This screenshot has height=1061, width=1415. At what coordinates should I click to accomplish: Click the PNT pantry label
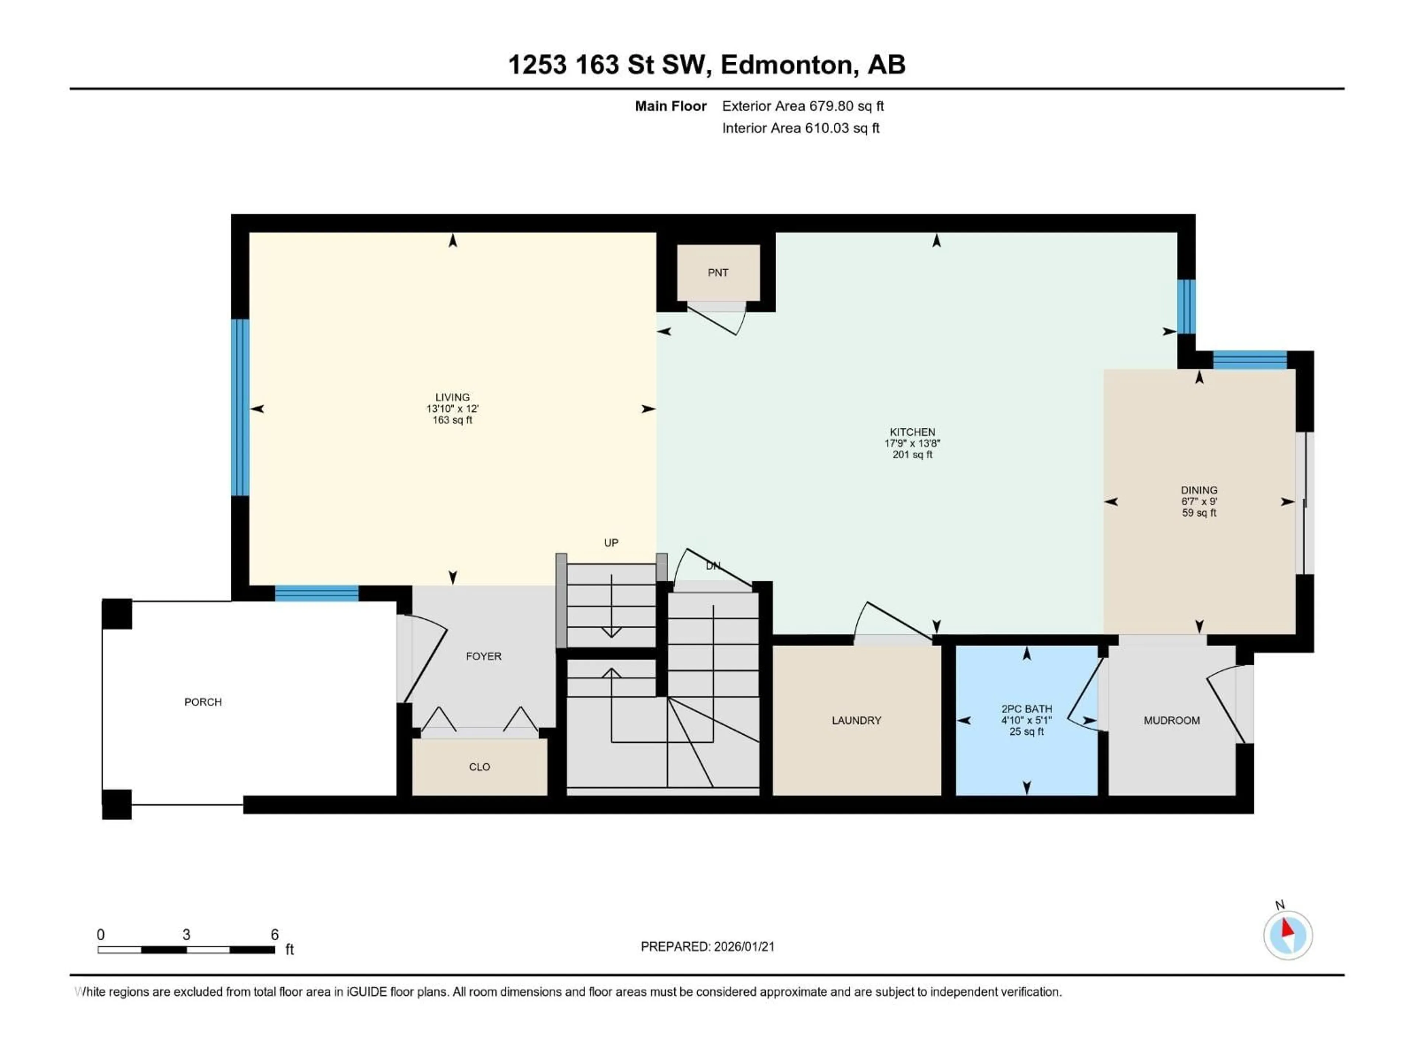tap(718, 273)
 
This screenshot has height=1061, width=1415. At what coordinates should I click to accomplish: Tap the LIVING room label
tap(452, 397)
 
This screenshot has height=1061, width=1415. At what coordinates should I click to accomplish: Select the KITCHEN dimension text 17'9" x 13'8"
tap(912, 443)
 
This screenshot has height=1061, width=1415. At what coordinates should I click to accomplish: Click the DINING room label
tap(1199, 490)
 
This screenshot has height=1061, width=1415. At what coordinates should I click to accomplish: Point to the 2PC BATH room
tap(1026, 720)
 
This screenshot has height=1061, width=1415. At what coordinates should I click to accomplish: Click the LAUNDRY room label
tap(856, 720)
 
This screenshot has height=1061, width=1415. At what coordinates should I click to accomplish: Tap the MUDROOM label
tap(1171, 720)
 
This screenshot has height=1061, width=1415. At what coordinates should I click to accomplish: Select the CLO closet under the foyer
tap(479, 767)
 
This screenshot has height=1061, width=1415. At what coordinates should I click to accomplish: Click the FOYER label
tap(483, 656)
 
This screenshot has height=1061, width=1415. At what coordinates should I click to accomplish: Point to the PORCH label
tap(203, 701)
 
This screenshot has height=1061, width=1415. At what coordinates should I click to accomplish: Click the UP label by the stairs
tap(611, 542)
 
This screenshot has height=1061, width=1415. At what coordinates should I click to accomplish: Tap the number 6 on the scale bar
tap(275, 934)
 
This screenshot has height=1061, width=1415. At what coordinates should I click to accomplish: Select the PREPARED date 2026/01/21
tap(707, 946)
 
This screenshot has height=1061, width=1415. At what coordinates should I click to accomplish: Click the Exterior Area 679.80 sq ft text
tap(803, 106)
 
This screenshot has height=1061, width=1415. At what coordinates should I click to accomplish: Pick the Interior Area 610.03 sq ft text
tap(800, 128)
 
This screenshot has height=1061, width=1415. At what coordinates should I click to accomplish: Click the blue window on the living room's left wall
tap(240, 407)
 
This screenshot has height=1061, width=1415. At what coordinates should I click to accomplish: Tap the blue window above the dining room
tap(1249, 360)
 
